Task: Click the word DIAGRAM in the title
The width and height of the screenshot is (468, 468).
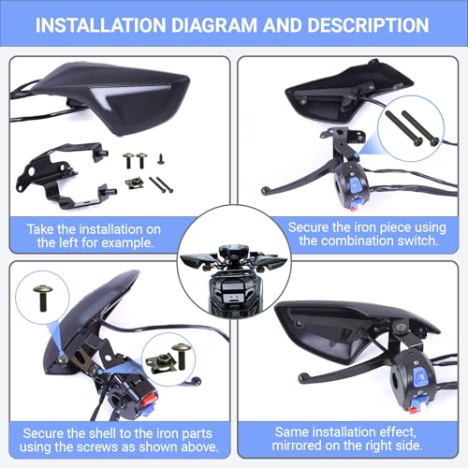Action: pos(214,25)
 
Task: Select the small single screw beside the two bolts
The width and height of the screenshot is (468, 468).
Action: pos(161,159)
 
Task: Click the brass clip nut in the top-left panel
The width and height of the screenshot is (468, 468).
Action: pos(135,183)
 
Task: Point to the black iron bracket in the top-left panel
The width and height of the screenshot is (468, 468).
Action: pos(64,175)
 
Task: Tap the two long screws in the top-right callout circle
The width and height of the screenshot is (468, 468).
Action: pos(412,128)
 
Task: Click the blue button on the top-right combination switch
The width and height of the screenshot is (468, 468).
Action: pos(355,185)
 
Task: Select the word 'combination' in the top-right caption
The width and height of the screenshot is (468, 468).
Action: pos(353,241)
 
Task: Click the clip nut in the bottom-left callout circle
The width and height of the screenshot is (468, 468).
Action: pos(161,361)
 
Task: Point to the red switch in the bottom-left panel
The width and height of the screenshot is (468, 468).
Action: pos(149,400)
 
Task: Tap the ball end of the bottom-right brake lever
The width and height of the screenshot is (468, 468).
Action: pos(302,378)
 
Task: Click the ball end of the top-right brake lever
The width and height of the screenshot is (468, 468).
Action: pos(265,190)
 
